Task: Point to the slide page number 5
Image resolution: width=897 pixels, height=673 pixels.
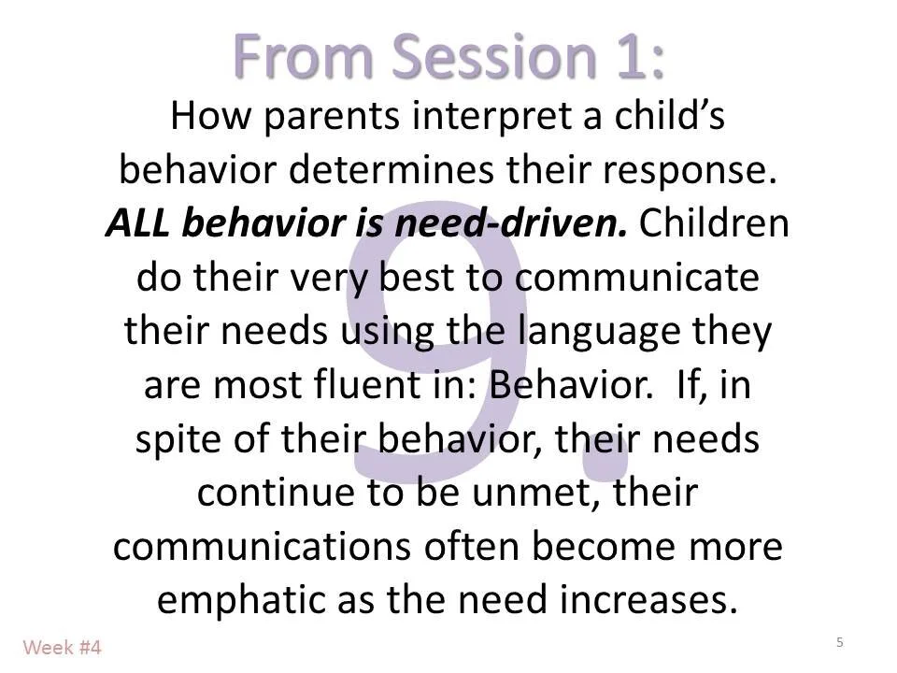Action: [x=840, y=642]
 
